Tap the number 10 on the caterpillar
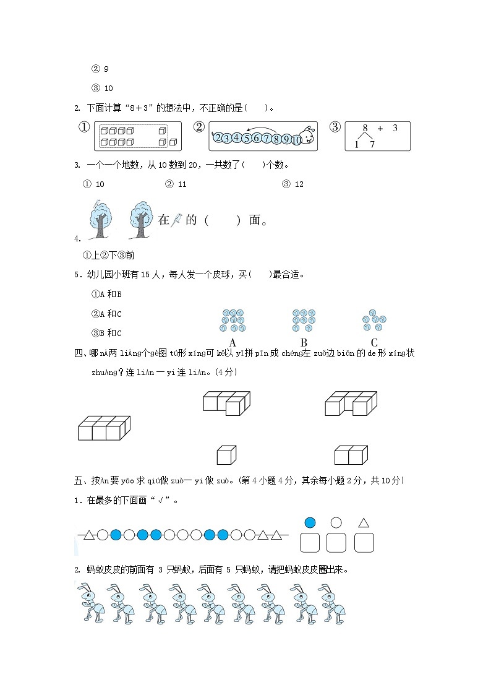coord(296,139)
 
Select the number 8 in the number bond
coord(365,129)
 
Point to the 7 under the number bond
coord(372,144)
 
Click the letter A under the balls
coord(233,342)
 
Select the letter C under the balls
coord(374,342)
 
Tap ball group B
coord(304,321)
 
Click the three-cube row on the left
coord(104,428)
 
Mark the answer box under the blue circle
coord(310,543)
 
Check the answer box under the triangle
coord(364,543)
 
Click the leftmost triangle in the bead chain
coord(89,535)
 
